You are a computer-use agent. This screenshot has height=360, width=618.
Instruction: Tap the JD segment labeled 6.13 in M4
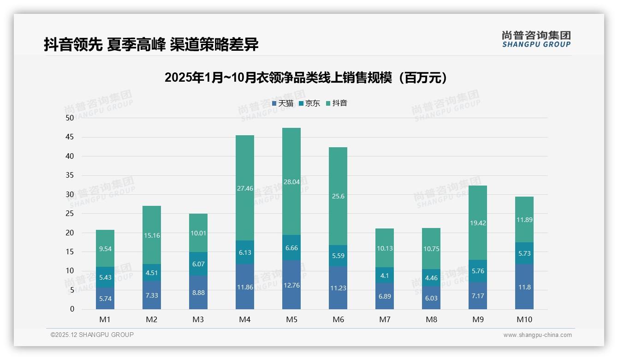245,252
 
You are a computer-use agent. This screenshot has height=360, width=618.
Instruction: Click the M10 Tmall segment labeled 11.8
524,287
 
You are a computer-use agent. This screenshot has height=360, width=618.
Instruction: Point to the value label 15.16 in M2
152,235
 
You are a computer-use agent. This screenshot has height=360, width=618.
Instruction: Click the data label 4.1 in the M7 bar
385,276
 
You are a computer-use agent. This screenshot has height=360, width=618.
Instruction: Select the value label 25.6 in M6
338,196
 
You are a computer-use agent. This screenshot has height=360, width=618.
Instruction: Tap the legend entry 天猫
283,103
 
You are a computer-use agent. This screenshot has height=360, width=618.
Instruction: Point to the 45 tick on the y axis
70,137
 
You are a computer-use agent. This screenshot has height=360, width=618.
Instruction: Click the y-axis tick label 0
72,309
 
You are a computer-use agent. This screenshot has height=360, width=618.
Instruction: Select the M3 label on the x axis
198,319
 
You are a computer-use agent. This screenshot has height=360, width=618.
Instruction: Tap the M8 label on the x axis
431,319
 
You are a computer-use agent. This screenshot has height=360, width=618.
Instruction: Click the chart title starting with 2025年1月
306,78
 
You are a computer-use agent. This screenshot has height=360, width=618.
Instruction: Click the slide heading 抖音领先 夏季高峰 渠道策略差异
151,44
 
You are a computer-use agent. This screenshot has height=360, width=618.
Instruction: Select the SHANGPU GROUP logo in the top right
536,39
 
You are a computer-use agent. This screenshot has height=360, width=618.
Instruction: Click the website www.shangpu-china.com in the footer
537,335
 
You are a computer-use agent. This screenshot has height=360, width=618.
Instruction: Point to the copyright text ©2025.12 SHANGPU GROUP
92,335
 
